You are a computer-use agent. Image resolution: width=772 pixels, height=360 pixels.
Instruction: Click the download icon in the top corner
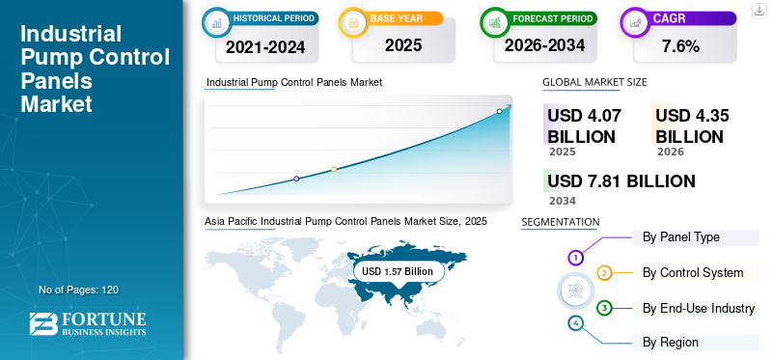click(758, 11)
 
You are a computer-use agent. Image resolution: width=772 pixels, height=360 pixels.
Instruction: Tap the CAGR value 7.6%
click(680, 46)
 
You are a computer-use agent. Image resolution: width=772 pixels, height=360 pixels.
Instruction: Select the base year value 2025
click(403, 45)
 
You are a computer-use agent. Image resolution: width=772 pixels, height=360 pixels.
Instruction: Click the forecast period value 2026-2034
click(544, 45)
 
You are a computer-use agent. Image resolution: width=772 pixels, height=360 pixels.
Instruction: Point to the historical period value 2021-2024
click(265, 47)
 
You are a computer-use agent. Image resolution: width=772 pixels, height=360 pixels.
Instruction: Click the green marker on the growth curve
click(499, 111)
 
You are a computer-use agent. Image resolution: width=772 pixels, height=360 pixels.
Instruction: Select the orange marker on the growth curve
click(334, 170)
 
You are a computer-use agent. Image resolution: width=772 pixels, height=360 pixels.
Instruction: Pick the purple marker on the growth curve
click(296, 179)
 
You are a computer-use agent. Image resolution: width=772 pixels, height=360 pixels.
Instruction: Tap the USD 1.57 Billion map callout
click(398, 271)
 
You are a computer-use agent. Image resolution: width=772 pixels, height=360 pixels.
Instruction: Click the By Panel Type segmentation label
click(681, 237)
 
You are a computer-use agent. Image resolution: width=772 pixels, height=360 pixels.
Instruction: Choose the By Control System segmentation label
click(693, 272)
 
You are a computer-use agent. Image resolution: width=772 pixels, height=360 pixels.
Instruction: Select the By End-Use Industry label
click(699, 308)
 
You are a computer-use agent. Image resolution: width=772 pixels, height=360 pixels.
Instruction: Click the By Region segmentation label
click(671, 343)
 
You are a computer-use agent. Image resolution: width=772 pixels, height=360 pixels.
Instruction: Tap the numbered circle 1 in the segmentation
click(575, 257)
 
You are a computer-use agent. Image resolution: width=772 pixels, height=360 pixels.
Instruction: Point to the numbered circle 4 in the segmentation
click(575, 323)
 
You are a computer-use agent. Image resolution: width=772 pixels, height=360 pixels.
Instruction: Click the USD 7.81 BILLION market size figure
click(621, 181)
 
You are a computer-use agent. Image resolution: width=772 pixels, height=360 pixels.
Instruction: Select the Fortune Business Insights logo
click(88, 324)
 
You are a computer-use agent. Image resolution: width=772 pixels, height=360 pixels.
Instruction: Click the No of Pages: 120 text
click(79, 290)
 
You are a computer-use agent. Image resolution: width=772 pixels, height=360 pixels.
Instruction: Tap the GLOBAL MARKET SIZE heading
click(594, 82)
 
